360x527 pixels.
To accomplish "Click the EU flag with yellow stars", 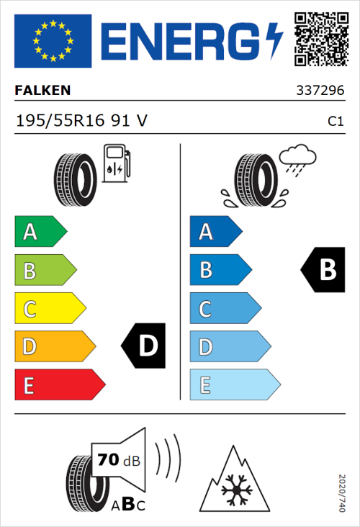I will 53,41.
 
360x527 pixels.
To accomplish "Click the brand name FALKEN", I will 42,91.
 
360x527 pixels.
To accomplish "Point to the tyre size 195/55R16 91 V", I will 81,121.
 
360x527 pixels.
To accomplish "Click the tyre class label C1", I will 335,122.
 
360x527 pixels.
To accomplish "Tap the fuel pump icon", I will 116,163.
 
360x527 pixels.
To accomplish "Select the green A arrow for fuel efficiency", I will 40,232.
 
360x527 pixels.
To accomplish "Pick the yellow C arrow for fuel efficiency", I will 49,309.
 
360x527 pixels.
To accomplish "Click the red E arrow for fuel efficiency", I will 59,385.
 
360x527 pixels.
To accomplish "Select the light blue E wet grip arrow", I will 234,385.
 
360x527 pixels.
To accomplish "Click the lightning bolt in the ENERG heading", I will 274,40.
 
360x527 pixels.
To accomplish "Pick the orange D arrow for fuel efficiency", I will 54,347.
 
